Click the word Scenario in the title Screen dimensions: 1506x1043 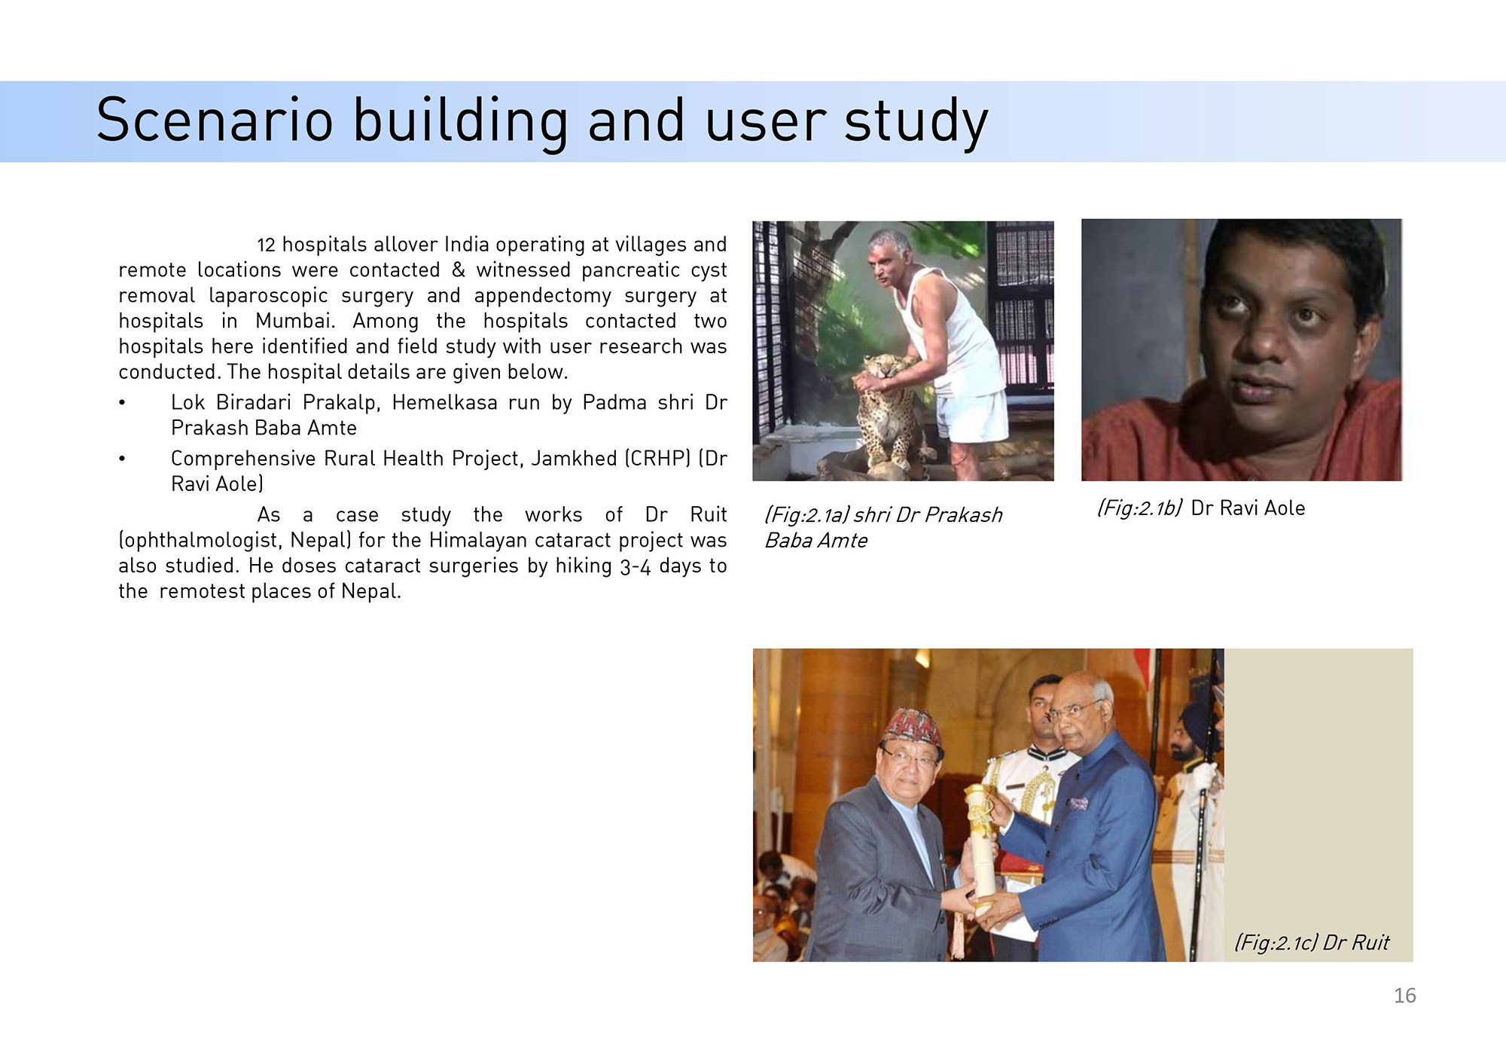pyautogui.click(x=215, y=120)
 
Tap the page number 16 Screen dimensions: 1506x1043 pyautogui.click(x=1404, y=996)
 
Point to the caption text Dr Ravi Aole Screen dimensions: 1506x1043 pyautogui.click(x=1248, y=508)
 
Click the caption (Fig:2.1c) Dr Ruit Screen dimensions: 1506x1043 pyautogui.click(x=1312, y=943)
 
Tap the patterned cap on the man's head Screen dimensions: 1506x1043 pyautogui.click(x=913, y=727)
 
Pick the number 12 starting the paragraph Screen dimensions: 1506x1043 pyautogui.click(x=266, y=246)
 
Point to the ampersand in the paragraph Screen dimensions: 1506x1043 pyautogui.click(x=458, y=270)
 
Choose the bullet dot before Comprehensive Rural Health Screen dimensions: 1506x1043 pyautogui.click(x=122, y=459)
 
